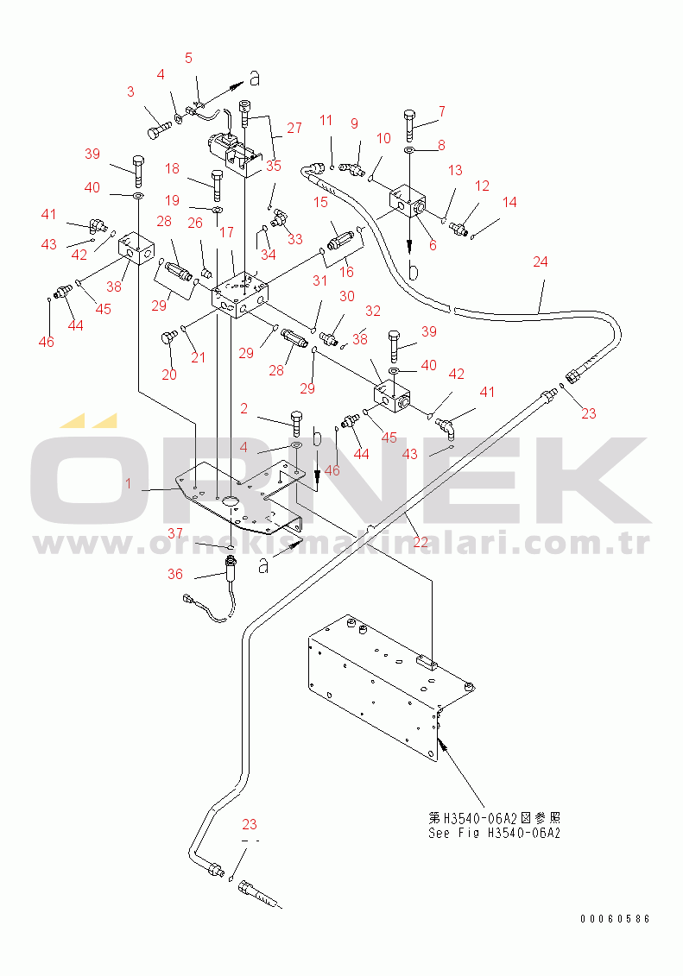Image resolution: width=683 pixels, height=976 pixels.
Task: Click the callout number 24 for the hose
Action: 540,262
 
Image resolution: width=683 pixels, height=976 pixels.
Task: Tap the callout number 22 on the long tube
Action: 421,542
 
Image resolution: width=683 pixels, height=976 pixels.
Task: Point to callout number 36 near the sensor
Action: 175,574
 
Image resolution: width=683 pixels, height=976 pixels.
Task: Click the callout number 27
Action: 294,129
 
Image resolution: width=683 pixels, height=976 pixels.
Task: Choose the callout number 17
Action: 226,232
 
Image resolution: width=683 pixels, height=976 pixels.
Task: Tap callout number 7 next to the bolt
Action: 441,111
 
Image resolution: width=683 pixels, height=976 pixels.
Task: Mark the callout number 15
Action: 320,202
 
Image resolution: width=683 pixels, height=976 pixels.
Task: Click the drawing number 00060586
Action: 615,919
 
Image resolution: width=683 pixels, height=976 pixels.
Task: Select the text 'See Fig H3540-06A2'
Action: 495,833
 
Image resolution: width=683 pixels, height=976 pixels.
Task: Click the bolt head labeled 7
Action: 409,116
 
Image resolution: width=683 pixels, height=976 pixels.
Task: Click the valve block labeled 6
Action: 408,201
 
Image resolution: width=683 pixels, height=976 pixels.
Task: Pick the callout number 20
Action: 169,375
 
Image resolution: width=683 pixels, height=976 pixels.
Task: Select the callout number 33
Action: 294,239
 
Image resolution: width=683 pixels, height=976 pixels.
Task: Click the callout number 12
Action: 482,186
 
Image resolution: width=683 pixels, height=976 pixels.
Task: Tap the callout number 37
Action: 175,533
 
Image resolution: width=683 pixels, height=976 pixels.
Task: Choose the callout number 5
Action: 188,58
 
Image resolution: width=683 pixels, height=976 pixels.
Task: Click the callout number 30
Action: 347,296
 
